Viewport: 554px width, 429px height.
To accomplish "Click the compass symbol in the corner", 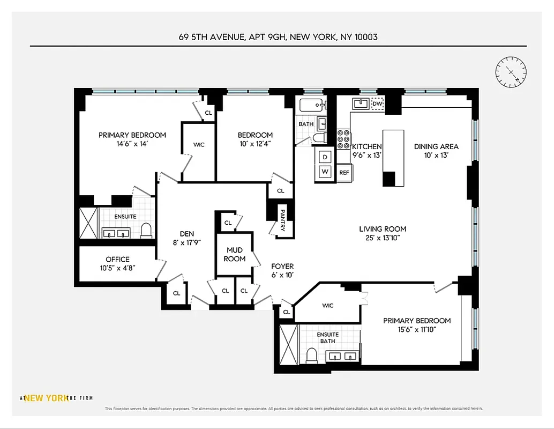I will coord(511,72).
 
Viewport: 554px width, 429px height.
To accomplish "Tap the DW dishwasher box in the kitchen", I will coord(378,103).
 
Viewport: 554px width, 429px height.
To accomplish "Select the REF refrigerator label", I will coord(344,173).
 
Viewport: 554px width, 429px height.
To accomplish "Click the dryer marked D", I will coord(325,157).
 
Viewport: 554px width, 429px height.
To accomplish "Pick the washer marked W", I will coord(325,172).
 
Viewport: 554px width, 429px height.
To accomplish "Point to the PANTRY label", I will coord(282,220).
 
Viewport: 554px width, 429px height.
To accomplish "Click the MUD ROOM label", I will coord(235,254).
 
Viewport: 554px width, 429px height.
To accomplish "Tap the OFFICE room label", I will coord(117,260).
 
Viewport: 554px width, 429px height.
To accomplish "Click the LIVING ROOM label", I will coord(383,229).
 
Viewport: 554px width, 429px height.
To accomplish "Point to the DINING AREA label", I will coord(436,146).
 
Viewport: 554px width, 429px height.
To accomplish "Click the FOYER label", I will coord(282,266).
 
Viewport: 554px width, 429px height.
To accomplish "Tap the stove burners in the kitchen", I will coord(343,139).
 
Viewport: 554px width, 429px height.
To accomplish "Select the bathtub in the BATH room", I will coord(310,105).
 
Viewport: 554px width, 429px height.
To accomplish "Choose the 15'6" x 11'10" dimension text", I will coord(417,329).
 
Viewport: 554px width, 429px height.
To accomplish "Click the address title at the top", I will coord(278,38).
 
